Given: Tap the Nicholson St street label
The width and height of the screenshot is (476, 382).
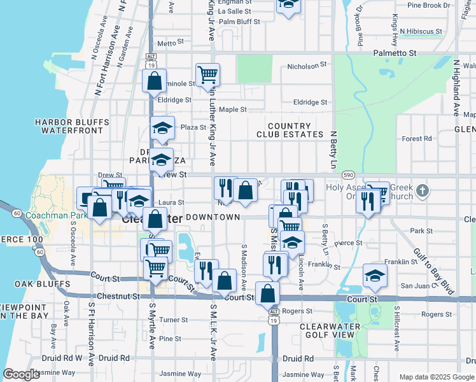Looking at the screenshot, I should [x=307, y=65].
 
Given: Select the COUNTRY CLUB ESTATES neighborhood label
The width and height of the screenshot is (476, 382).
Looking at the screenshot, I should [x=290, y=131].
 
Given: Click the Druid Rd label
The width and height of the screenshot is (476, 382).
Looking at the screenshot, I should [x=300, y=358].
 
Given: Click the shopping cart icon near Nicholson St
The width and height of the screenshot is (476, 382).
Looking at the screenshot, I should [x=207, y=75].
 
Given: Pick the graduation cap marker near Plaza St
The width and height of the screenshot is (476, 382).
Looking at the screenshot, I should [x=162, y=128].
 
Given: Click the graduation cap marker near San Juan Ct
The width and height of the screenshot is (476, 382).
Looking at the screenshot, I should [x=375, y=275].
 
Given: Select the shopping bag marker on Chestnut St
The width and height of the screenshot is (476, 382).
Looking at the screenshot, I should [x=268, y=294].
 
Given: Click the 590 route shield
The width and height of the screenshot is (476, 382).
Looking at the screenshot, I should [x=347, y=174].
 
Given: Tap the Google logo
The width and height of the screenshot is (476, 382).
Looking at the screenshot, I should [x=22, y=374].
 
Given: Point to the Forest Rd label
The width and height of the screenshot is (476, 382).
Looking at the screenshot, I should [x=417, y=138].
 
